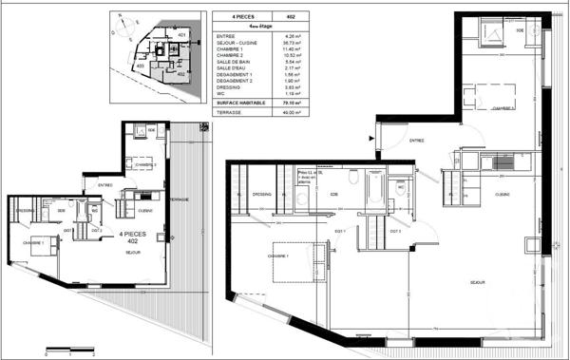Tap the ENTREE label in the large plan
[416, 141]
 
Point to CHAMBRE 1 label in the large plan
[278, 256]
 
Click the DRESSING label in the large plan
[262, 194]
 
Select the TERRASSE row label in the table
[229, 113]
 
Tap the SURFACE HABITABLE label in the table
[240, 103]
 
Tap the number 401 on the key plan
[181, 34]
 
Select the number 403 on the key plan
[140, 66]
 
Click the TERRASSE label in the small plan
[178, 199]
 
